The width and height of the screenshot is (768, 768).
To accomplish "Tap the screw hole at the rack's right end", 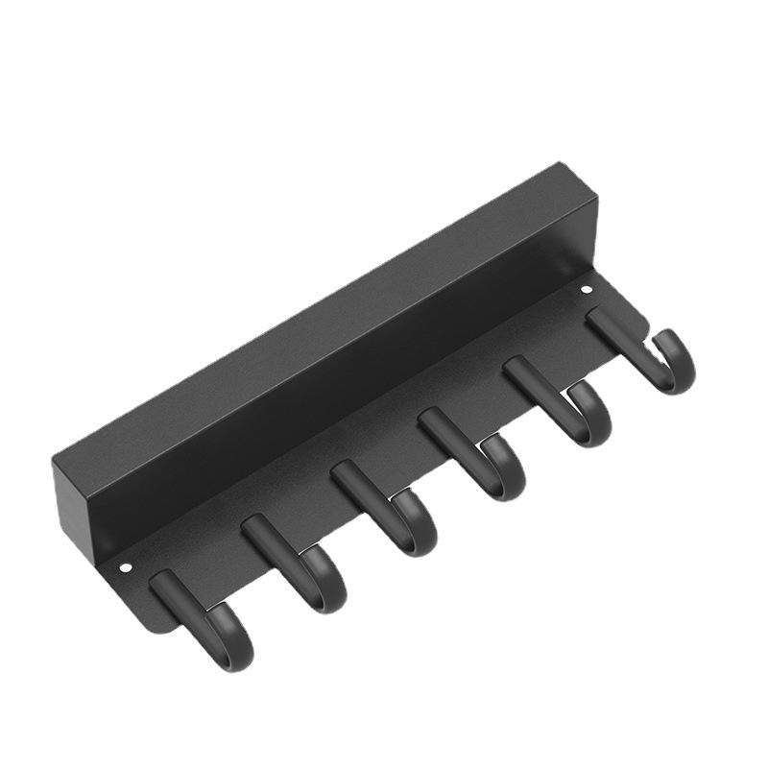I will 587,289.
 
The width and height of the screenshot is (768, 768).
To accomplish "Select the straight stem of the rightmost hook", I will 614,331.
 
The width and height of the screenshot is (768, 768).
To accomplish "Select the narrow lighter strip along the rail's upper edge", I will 317,307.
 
